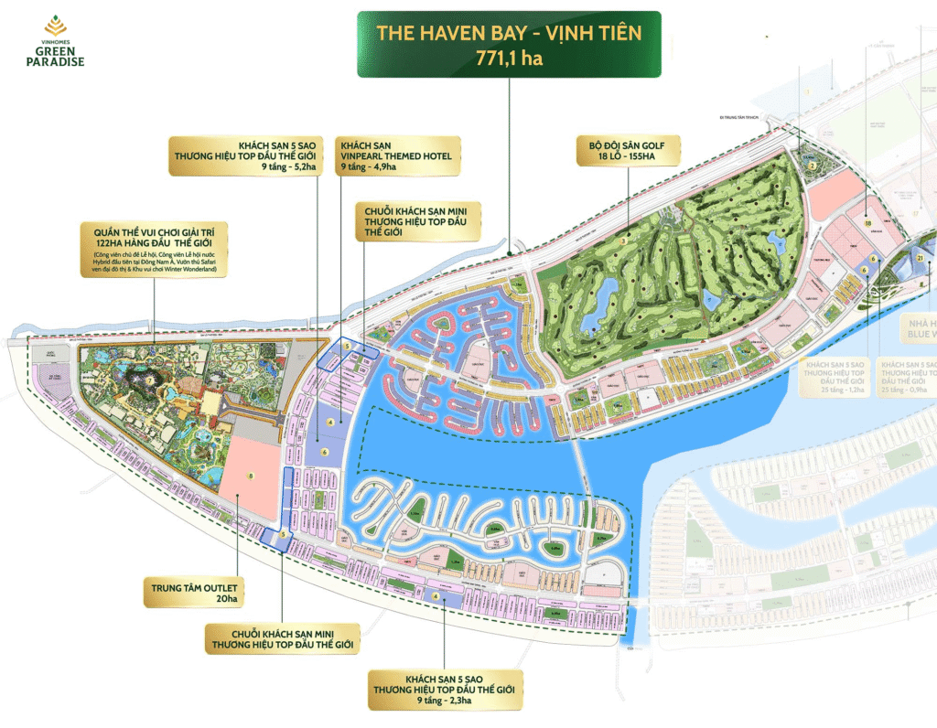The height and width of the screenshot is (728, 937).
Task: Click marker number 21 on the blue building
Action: tap(918, 260)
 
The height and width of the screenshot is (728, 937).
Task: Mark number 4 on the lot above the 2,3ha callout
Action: tap(436, 596)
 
